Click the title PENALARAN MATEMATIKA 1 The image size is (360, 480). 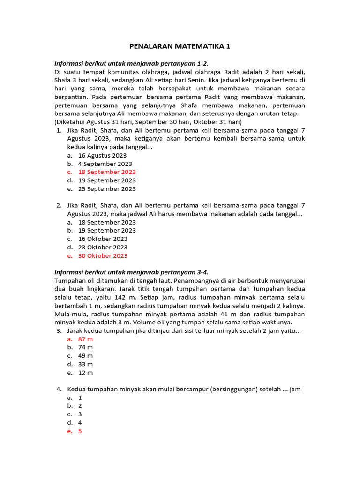180,46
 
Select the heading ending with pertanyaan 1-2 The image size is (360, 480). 131,63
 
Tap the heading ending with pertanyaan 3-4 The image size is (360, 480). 131,272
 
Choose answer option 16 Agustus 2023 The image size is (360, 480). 102,156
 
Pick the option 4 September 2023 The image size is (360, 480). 105,164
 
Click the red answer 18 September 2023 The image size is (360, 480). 107,172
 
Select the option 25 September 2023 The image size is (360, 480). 107,189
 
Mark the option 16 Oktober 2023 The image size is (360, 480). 103,239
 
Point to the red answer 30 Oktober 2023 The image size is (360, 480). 103,256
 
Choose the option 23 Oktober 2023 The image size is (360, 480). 103,247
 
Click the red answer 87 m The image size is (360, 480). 85,339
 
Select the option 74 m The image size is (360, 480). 85,347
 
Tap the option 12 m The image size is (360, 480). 85,373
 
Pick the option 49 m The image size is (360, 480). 85,356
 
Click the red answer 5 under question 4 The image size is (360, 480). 80,431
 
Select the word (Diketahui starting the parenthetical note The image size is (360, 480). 72,122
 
